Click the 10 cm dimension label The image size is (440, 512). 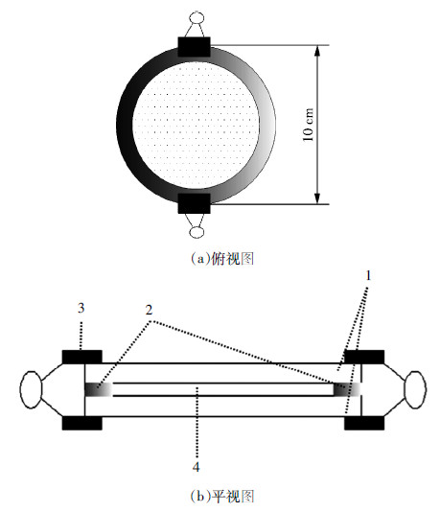tap(308, 125)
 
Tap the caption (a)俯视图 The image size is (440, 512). tap(222, 259)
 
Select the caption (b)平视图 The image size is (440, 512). tap(222, 497)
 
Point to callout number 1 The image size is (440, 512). tap(368, 276)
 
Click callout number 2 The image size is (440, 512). tap(149, 310)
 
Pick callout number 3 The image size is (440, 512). tap(81, 308)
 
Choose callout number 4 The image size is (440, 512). tap(196, 467)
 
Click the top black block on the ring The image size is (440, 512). tap(194, 47)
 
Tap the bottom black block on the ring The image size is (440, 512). tap(194, 203)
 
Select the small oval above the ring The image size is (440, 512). tap(197, 17)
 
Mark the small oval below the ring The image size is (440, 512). tap(197, 232)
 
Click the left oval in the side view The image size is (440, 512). tap(32, 389)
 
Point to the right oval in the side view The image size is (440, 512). tap(415, 389)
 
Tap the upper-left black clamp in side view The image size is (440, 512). tap(81, 357)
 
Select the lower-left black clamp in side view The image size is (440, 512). tap(81, 423)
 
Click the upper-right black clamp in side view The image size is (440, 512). tap(364, 357)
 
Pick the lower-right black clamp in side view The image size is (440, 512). tap(364, 423)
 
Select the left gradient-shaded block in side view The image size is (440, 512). tap(99, 389)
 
